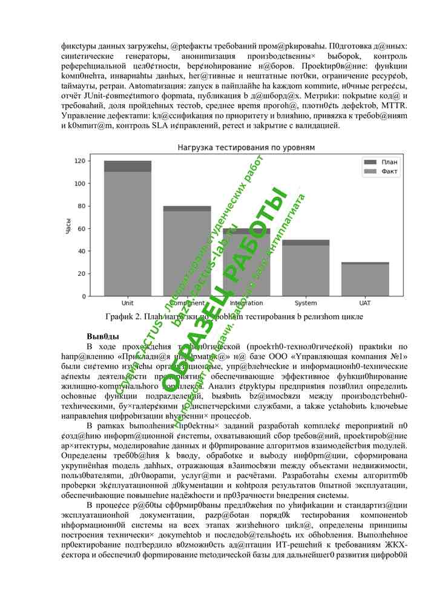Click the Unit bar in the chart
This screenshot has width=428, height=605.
click(x=127, y=236)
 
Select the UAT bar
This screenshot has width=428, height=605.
click(x=365, y=280)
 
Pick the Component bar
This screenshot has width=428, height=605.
click(x=186, y=254)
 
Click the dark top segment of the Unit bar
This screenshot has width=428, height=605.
click(x=127, y=166)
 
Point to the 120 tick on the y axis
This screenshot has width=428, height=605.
click(x=79, y=161)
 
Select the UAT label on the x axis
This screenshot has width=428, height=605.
click(x=365, y=303)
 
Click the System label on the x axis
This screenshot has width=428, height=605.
click(x=306, y=303)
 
